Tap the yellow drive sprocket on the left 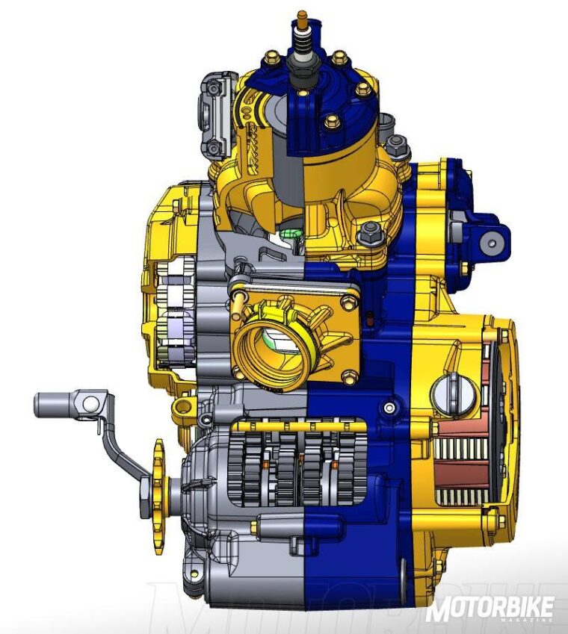pyautogui.click(x=158, y=497)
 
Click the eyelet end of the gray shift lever pyautogui.click(x=89, y=403)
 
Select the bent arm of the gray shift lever pyautogui.click(x=120, y=448)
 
